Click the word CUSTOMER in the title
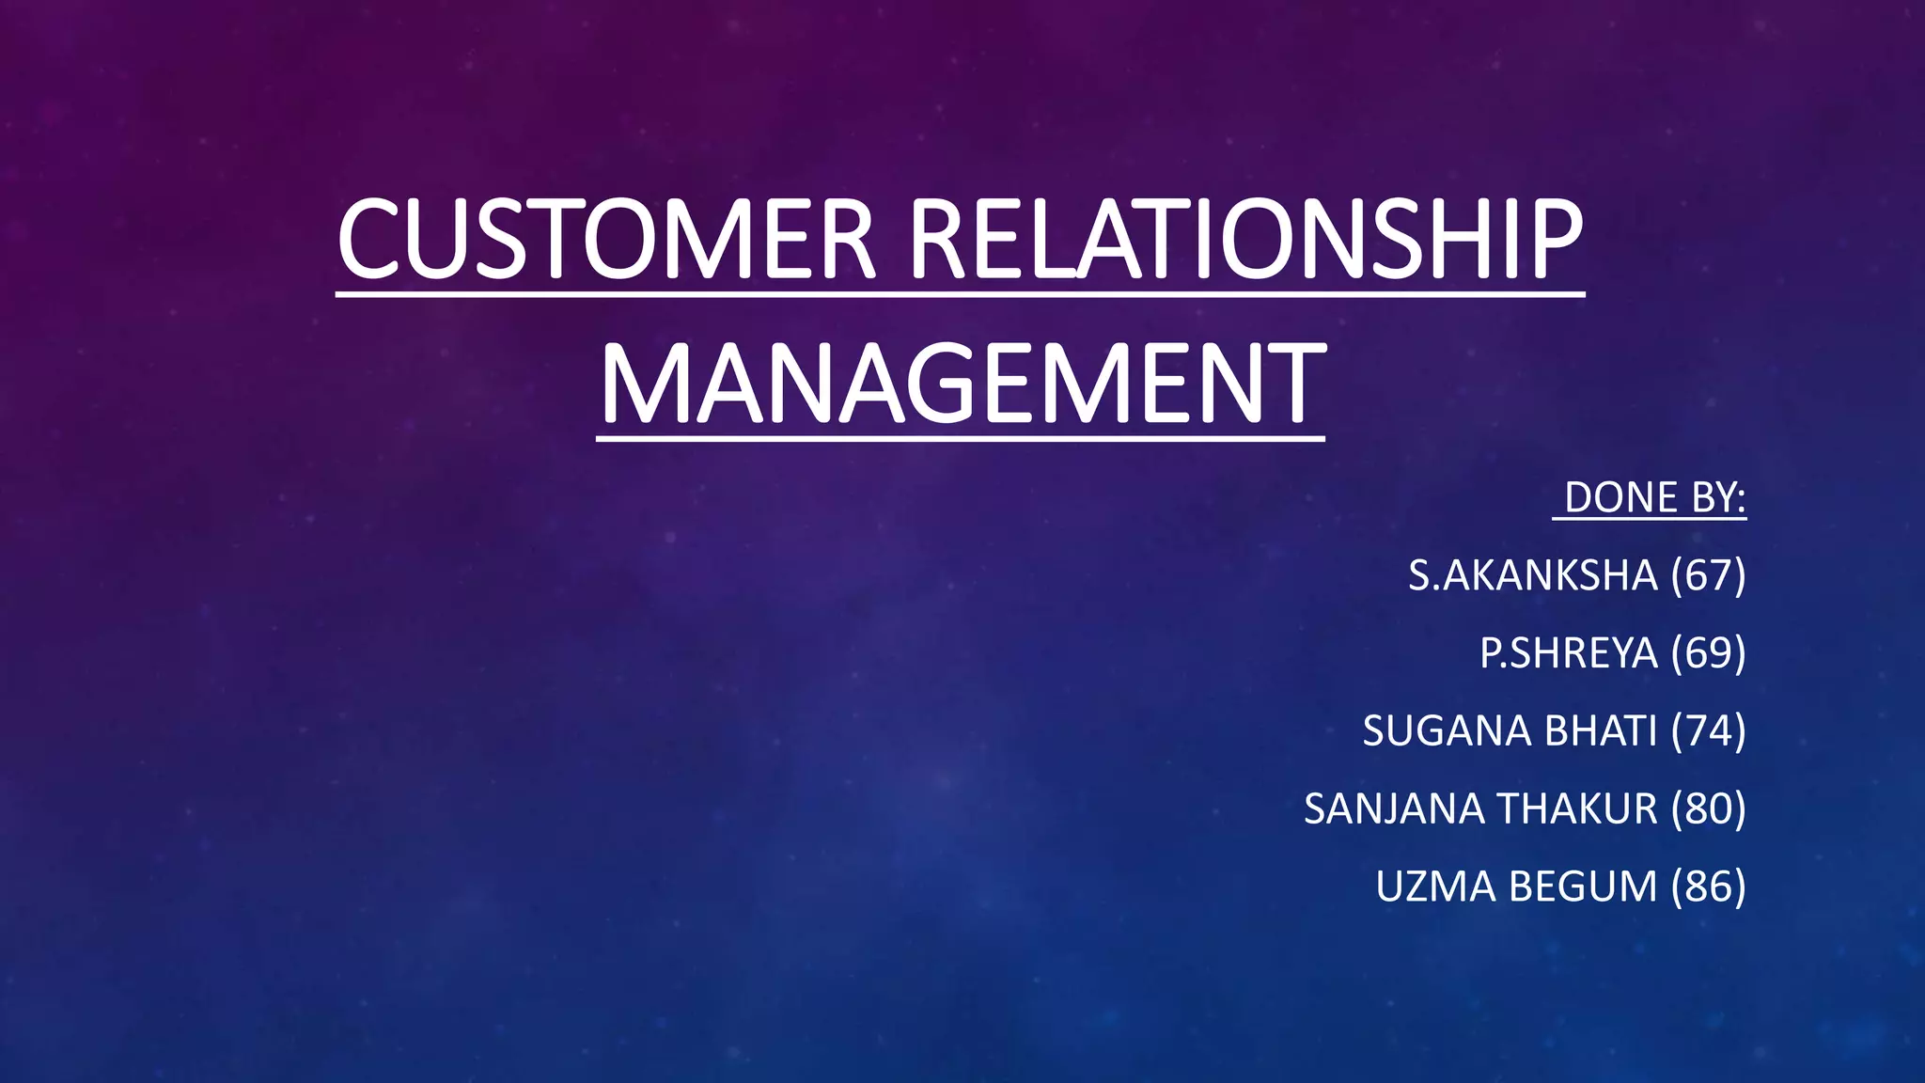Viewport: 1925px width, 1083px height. tap(606, 240)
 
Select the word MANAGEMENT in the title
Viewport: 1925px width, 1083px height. tap(962, 384)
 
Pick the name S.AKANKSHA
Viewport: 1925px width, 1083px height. tap(1532, 575)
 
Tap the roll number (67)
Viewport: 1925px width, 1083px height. tap(1708, 575)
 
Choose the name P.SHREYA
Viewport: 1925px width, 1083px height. tap(1568, 653)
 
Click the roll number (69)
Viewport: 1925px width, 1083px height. tap(1708, 653)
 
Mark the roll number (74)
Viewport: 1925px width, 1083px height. tap(1708, 731)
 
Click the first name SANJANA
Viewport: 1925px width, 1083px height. tap(1393, 809)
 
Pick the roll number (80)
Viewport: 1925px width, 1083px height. tap(1708, 809)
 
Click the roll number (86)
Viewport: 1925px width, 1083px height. tap(1708, 887)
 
